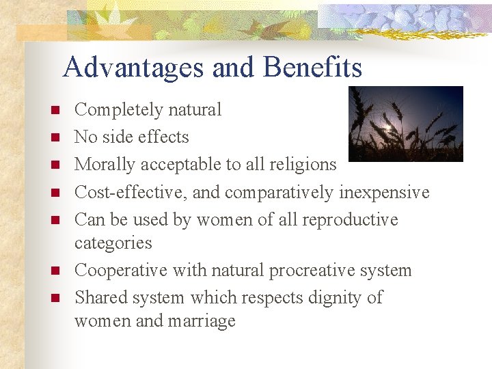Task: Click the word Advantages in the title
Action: pyautogui.click(x=133, y=68)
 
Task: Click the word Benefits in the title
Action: pyautogui.click(x=312, y=68)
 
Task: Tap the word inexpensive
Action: pyautogui.click(x=384, y=193)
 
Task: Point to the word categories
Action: pyautogui.click(x=113, y=243)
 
